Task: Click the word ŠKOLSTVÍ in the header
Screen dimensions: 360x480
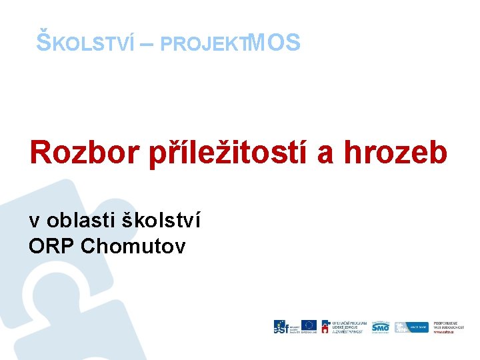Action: (85, 43)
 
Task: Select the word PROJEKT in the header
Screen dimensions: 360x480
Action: (204, 44)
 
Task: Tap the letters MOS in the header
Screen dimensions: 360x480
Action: (274, 43)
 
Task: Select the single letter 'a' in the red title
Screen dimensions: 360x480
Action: (326, 153)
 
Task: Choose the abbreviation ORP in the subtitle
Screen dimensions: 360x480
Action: (51, 246)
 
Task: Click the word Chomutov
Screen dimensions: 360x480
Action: (133, 246)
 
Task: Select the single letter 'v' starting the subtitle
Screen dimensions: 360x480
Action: (33, 220)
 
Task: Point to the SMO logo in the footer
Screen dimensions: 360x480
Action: (381, 326)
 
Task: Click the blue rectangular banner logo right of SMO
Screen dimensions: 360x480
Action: (410, 327)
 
